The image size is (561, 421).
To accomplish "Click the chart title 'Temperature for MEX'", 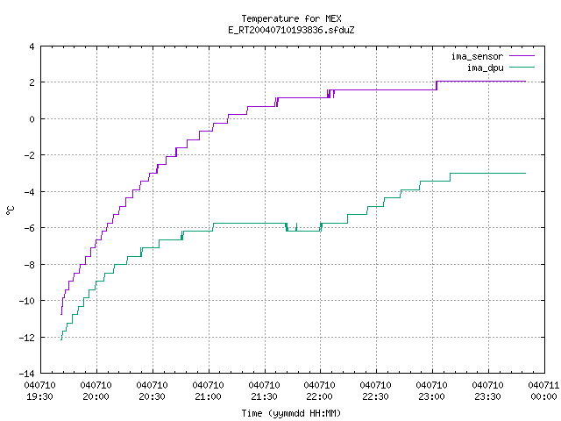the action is [x=291, y=18].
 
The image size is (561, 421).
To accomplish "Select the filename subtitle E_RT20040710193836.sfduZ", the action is [x=291, y=30].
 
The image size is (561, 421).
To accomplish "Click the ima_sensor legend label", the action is [x=477, y=56].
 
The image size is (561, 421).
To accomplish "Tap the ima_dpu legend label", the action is [x=485, y=68].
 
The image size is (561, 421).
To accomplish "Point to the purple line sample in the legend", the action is [x=522, y=56].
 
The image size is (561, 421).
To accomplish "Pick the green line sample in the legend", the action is [x=522, y=67].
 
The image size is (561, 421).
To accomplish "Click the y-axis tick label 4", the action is [x=32, y=46].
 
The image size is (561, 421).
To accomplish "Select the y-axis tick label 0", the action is [x=32, y=119].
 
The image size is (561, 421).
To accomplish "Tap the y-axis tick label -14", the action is [x=27, y=374].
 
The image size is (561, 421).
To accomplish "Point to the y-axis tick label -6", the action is [x=29, y=228].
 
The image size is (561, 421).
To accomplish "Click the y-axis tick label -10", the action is [x=27, y=301].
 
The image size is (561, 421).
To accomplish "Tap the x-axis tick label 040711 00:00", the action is [x=543, y=391].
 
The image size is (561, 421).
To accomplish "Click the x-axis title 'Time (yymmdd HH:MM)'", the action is [x=291, y=413].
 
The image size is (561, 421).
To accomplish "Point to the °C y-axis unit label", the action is [x=11, y=210].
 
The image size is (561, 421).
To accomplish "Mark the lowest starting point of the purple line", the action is [x=61, y=314].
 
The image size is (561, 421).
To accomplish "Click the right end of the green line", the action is [x=526, y=174].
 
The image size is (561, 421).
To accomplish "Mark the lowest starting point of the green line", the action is [x=61, y=339].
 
